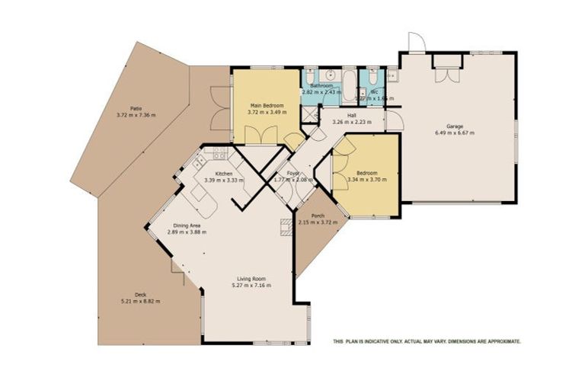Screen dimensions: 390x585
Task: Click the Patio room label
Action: [136, 108]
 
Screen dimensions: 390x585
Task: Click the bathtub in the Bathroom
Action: [346, 85]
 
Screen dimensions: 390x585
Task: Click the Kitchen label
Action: [224, 174]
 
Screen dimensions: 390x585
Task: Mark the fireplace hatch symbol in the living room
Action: [286, 226]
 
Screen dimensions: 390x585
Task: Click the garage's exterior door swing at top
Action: [414, 43]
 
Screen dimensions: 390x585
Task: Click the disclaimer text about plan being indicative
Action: [427, 342]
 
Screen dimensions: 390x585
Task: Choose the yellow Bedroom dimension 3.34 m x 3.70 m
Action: [366, 181]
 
